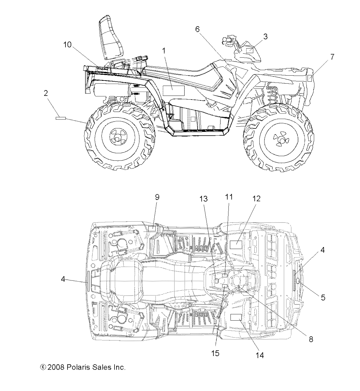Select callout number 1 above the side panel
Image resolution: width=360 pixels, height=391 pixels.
[x=164, y=51]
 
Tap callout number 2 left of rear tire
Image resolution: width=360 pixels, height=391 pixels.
[x=46, y=93]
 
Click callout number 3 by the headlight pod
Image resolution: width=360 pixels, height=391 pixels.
[x=265, y=36]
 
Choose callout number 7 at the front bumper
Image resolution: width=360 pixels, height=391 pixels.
[x=332, y=57]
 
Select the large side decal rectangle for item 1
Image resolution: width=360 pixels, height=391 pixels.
[x=174, y=91]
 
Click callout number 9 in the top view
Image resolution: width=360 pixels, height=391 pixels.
[x=157, y=197]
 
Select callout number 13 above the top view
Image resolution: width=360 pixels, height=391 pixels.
[x=204, y=198]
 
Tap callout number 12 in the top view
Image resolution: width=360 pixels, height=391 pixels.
[x=256, y=198]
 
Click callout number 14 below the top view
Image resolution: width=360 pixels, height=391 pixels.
[x=260, y=355]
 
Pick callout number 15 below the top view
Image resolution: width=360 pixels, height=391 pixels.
[x=215, y=353]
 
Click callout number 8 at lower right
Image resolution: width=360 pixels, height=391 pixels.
[x=311, y=339]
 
